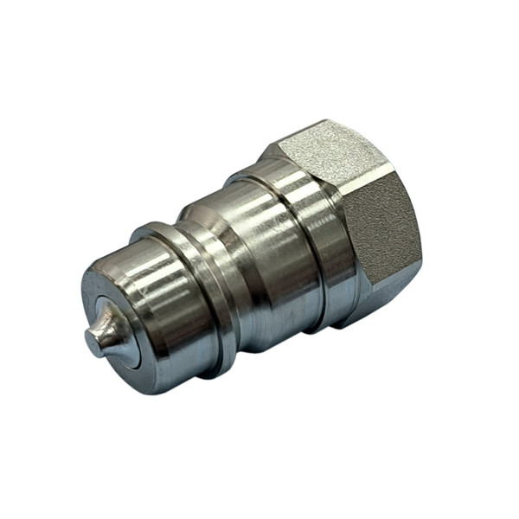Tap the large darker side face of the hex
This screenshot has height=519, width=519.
pyautogui.click(x=381, y=234)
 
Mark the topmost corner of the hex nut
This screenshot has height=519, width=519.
pyautogui.click(x=322, y=121)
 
